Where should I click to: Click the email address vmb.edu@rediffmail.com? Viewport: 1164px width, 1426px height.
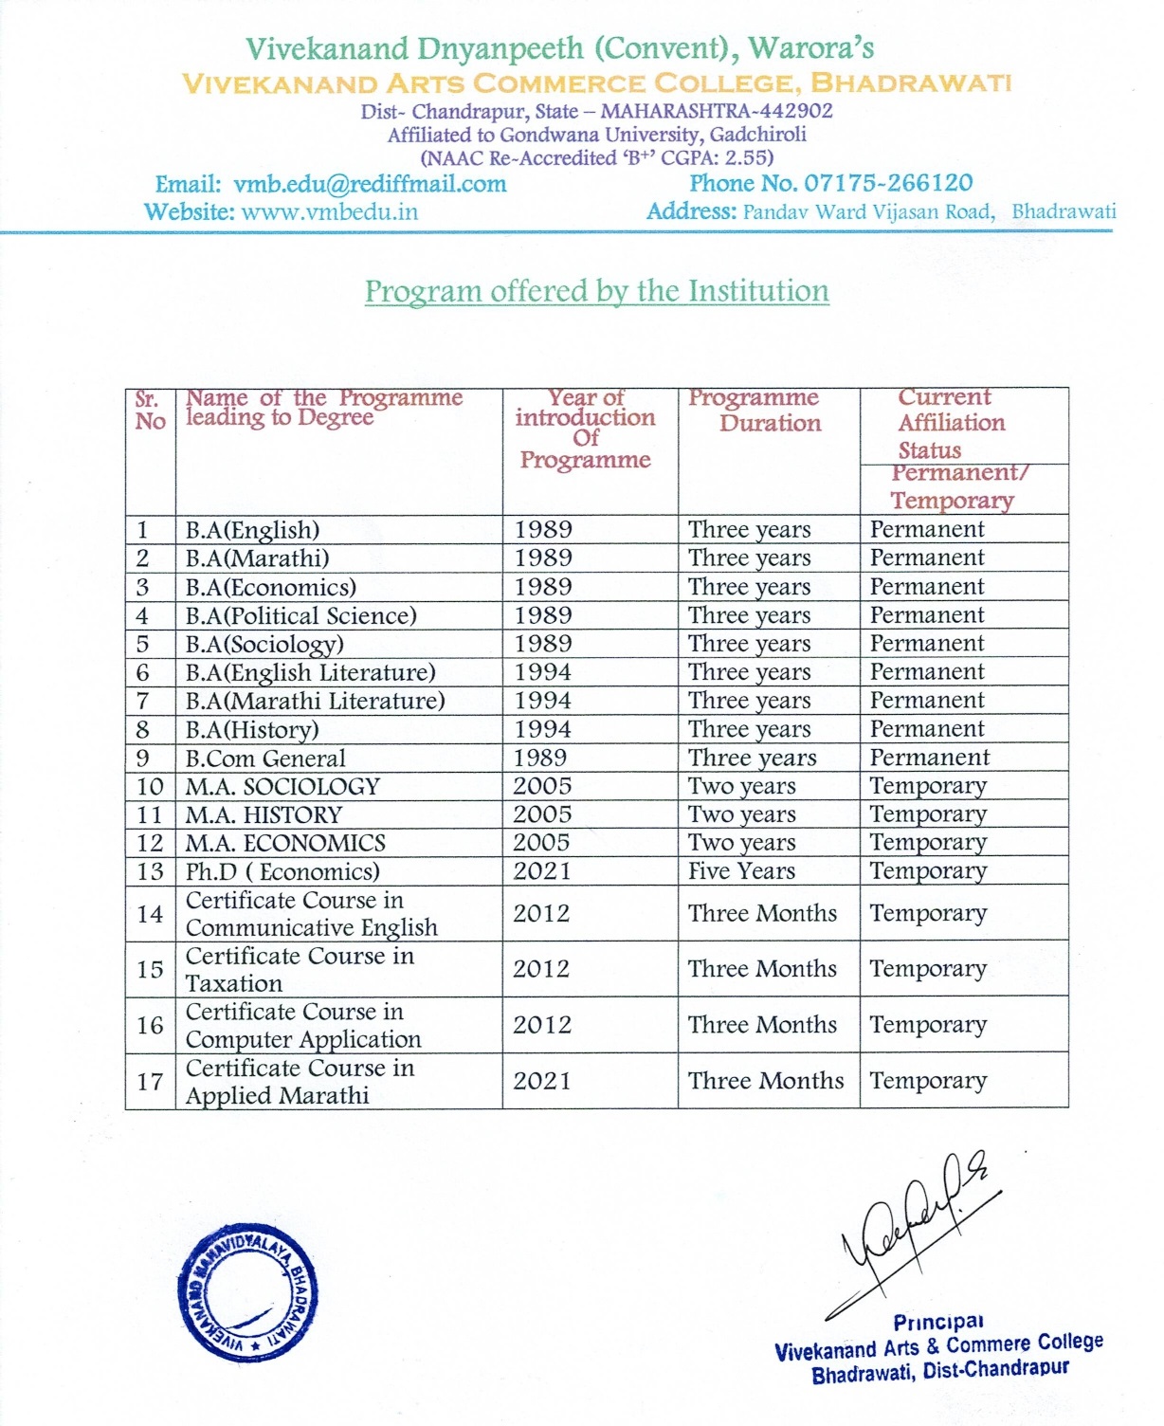370,184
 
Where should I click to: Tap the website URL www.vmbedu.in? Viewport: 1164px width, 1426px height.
329,211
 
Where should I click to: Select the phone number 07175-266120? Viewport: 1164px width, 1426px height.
888,183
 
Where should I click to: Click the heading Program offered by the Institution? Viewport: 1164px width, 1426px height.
596,291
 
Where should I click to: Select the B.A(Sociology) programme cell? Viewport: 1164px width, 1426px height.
264,644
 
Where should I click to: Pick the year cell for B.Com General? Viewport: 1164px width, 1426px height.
540,758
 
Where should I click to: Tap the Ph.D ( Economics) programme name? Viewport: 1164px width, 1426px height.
282,871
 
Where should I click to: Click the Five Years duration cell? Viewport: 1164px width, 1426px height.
741,871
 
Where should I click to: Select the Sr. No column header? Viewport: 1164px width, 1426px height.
150,410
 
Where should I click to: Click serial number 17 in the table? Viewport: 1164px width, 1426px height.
150,1081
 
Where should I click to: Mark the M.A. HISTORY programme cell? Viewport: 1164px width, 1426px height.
264,814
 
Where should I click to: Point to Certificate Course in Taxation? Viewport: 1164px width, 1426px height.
300,969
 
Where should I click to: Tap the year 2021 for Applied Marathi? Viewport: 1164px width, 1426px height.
542,1081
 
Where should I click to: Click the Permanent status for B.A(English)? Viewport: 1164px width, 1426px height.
927,529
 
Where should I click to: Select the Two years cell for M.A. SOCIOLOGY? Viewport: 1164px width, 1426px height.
741,786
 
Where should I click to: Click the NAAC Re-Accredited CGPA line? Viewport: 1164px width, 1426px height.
596,158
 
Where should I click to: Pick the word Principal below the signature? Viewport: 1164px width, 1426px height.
938,1322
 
